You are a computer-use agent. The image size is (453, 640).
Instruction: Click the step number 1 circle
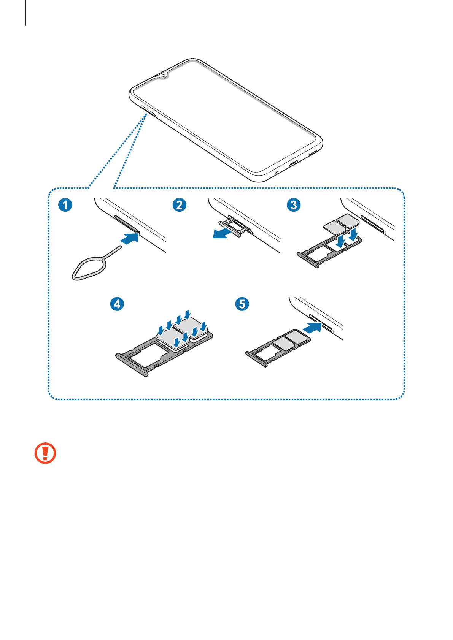(65, 205)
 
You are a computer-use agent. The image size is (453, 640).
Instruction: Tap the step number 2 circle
(180, 205)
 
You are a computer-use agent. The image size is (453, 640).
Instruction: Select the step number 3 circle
(294, 205)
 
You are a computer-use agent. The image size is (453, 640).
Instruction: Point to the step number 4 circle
(117, 304)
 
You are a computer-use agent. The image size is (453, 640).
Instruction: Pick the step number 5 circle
(242, 304)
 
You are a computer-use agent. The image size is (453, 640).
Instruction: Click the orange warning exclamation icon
(45, 453)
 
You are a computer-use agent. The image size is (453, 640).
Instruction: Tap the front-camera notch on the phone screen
(164, 75)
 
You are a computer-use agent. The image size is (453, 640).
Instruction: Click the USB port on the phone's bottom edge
(294, 165)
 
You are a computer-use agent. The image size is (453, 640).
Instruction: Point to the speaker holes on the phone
(313, 154)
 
